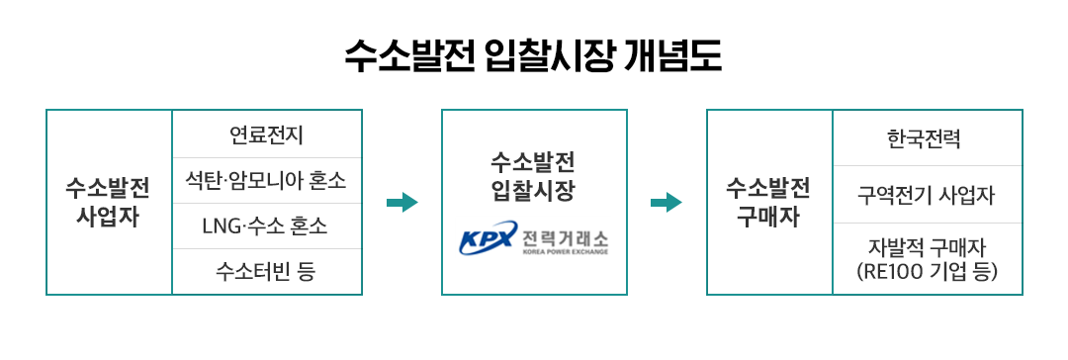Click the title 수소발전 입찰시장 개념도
tap(533, 56)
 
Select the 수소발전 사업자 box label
tap(109, 202)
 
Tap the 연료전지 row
tap(266, 134)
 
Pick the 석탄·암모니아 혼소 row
tap(266, 181)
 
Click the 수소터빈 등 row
tap(266, 271)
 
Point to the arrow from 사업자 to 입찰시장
tap(401, 203)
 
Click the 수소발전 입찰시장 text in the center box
tap(533, 174)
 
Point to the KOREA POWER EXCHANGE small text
tap(565, 252)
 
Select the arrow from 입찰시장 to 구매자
tap(667, 203)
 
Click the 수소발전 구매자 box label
tap(769, 202)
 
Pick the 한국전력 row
tap(927, 137)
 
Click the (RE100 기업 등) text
tap(927, 269)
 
